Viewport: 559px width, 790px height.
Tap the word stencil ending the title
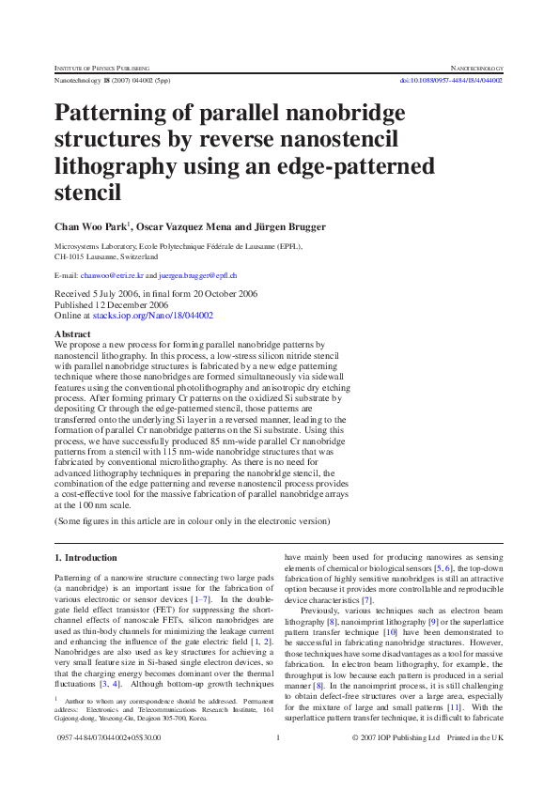point(88,194)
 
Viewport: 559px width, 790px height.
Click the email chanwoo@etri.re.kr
point(111,275)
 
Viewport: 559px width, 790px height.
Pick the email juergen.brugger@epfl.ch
point(197,275)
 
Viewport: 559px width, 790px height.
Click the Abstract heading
point(72,333)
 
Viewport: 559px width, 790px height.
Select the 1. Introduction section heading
point(85,557)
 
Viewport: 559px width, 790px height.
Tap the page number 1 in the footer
point(279,764)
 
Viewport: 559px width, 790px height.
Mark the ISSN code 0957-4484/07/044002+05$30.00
point(108,764)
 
